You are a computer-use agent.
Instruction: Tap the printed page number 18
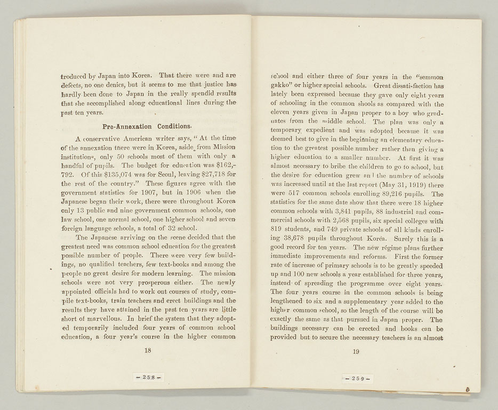click(x=148, y=351)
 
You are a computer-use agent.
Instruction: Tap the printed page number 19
click(x=356, y=351)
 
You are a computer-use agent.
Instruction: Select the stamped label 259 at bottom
click(x=356, y=379)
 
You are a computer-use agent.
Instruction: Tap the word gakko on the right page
click(x=282, y=85)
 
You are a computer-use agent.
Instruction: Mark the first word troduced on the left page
click(x=77, y=76)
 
